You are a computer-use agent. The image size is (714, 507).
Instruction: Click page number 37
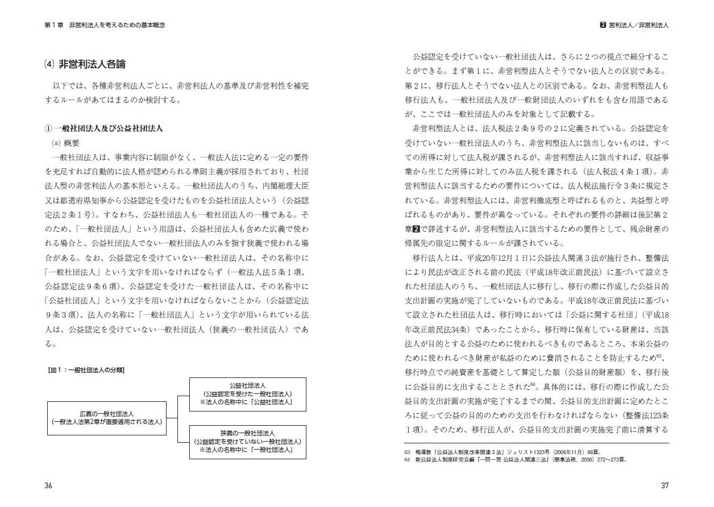click(664, 485)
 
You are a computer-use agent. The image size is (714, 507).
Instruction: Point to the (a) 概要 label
click(67, 143)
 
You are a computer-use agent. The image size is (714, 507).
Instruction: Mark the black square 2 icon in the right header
click(603, 26)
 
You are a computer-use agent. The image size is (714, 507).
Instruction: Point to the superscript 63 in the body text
click(658, 356)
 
